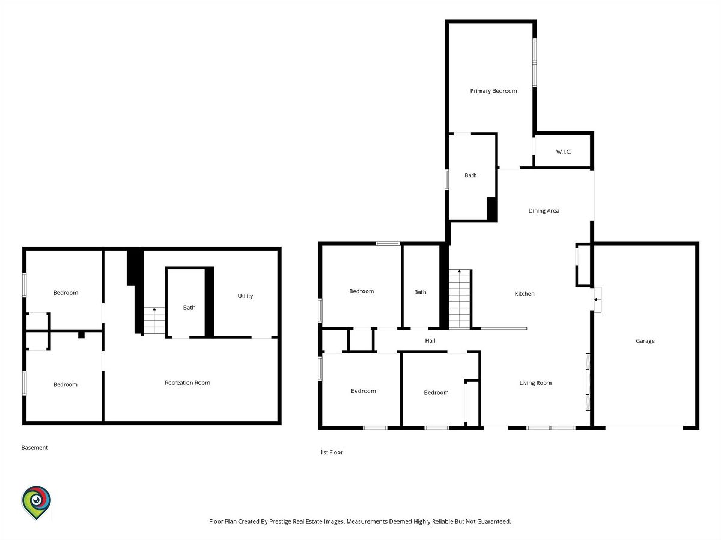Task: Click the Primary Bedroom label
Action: tap(493, 91)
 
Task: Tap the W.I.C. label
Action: tap(564, 151)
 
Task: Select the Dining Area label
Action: tap(544, 211)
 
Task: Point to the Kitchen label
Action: tap(525, 293)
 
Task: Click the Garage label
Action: tap(645, 341)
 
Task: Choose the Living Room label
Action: tap(535, 383)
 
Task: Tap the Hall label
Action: tap(430, 341)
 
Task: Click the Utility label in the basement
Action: tap(245, 296)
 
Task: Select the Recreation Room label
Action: tap(187, 383)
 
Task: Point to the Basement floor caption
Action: tap(34, 448)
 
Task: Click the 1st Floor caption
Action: tap(332, 452)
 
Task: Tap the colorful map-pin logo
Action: tap(36, 502)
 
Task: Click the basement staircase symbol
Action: tap(154, 320)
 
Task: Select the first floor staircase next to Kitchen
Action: tap(460, 299)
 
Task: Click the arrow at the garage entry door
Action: tap(597, 299)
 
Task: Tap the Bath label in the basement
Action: tap(189, 307)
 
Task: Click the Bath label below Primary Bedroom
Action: tap(470, 175)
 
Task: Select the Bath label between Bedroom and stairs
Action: tap(420, 292)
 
